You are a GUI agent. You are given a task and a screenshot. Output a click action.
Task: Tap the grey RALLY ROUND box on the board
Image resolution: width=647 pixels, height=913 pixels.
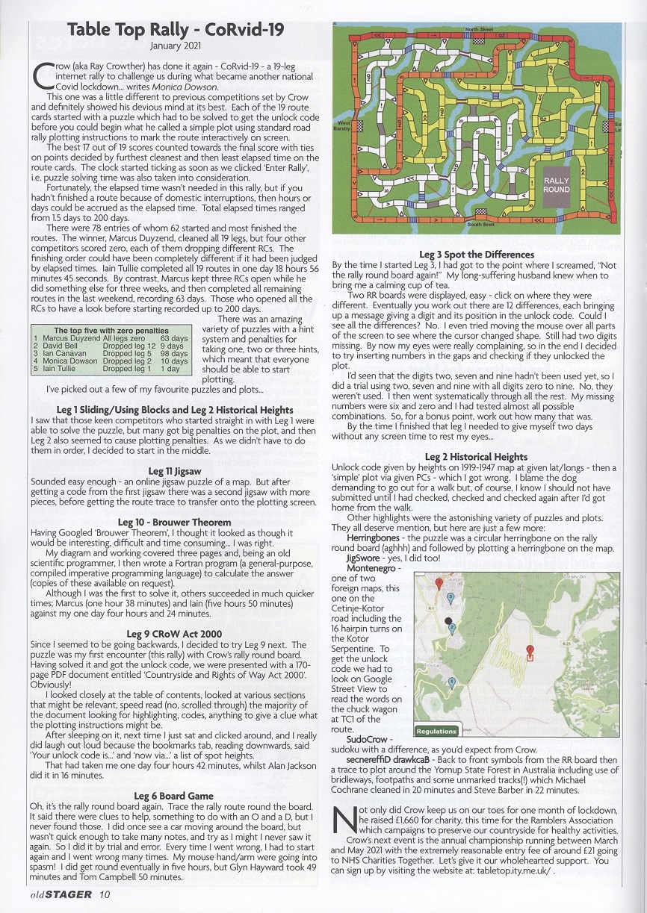pyautogui.click(x=556, y=185)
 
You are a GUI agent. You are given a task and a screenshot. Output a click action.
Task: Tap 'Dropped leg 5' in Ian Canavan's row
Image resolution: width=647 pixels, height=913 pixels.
pyautogui.click(x=129, y=354)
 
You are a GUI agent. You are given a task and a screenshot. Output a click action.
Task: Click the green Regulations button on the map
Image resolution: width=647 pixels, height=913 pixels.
pyautogui.click(x=436, y=731)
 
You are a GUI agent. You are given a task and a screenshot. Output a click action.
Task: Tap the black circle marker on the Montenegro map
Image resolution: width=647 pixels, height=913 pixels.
pyautogui.click(x=448, y=620)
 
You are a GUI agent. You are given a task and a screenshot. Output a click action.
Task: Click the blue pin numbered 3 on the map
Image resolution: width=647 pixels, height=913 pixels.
pyautogui.click(x=450, y=597)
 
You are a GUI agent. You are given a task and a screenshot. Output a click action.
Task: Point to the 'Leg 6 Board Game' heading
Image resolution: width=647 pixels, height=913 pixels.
pyautogui.click(x=173, y=796)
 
